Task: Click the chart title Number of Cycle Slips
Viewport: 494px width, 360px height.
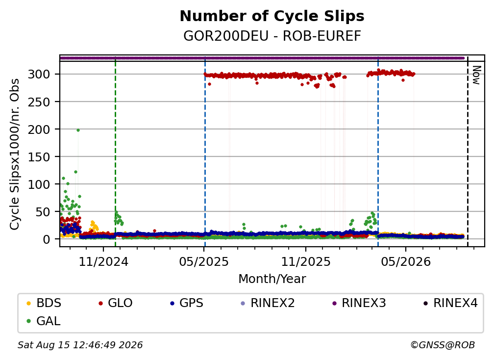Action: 272,16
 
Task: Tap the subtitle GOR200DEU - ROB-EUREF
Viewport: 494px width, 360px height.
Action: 272,36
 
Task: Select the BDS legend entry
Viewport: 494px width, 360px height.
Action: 44,303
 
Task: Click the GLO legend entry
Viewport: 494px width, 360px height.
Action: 116,303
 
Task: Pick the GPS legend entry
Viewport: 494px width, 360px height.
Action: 187,303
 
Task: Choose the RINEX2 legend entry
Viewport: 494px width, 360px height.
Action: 268,303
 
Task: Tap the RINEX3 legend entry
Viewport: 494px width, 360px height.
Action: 359,303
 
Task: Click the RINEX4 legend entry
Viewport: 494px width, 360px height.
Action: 450,303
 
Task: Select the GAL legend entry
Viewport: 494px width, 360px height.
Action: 44,321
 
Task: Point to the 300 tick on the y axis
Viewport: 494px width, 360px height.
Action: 39,75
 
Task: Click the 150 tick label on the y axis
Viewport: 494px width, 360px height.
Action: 39,156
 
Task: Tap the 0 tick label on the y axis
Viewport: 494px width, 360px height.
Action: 46,239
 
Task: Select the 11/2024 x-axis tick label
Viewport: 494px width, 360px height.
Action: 103,261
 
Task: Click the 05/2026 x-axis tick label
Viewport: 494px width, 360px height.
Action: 405,261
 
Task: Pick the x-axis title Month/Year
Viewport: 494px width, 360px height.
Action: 272,279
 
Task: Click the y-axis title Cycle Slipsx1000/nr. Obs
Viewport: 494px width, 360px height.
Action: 15,154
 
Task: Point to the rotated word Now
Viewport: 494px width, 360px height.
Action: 476,75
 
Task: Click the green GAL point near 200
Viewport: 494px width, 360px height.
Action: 78,130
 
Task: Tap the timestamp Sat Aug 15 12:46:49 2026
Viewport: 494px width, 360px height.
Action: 80,345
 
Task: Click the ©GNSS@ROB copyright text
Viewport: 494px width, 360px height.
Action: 443,345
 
